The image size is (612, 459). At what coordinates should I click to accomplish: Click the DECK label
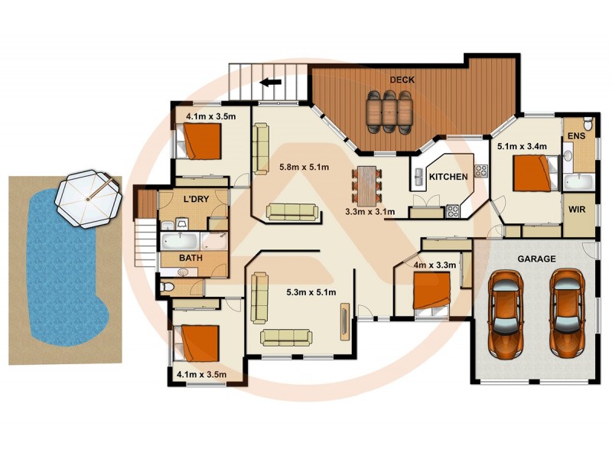pos(402,80)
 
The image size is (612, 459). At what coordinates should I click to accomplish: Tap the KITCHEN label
pos(448,177)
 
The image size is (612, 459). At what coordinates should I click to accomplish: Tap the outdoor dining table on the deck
pos(389,111)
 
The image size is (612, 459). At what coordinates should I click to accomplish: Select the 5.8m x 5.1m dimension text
pos(304,167)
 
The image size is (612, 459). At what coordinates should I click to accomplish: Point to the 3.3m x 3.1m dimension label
pos(370,211)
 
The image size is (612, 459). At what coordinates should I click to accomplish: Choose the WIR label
pos(577,208)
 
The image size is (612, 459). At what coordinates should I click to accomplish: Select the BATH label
pos(190,258)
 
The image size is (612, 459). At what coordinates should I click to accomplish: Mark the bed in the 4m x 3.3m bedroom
pos(432,291)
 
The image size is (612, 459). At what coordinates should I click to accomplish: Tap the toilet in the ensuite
pos(585,123)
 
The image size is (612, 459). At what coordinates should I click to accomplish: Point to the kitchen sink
pos(419,178)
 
